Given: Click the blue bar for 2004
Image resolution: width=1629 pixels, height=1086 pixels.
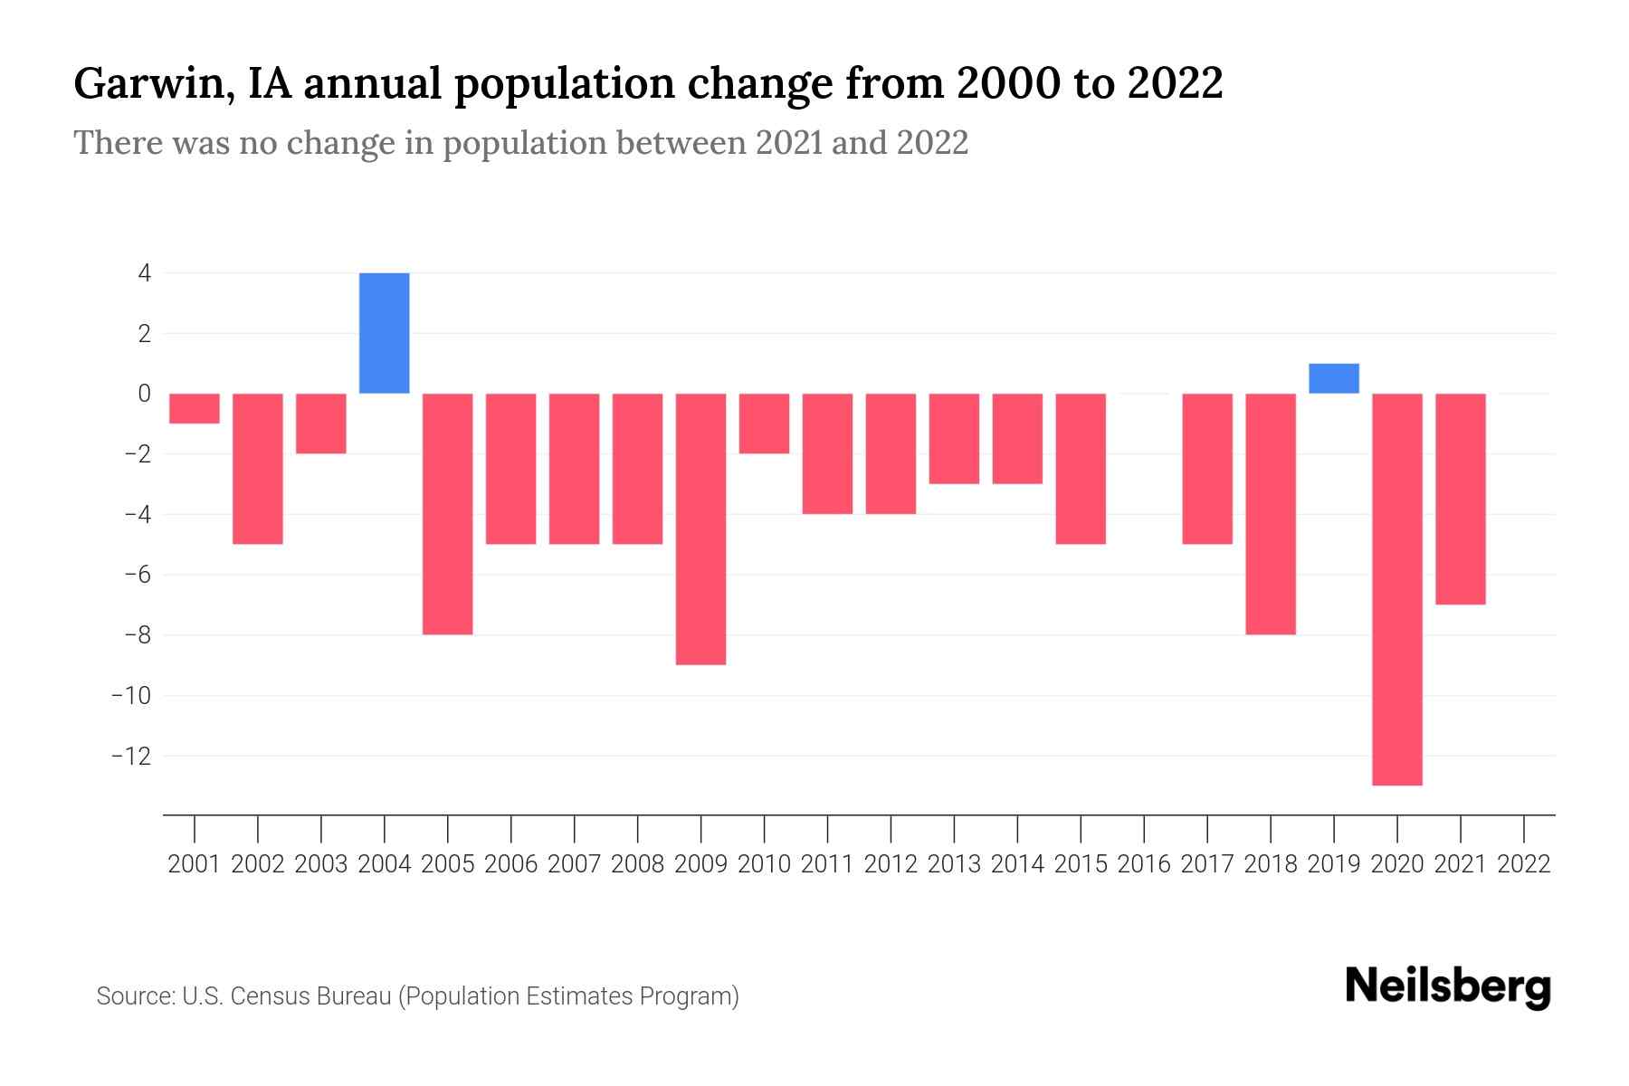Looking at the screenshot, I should pos(385,333).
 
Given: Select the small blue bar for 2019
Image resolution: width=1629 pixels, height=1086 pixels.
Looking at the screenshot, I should pos(1334,378).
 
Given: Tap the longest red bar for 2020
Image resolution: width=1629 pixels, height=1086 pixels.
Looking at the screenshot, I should pos(1397,588).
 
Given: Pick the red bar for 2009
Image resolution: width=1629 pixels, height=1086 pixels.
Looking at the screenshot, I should pos(701,529).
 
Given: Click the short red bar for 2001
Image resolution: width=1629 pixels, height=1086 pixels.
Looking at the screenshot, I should pos(195,408).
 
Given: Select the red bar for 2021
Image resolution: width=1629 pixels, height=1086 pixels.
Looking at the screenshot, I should pos(1461,499).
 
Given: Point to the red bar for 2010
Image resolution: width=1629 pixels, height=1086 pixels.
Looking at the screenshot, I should pos(765,424).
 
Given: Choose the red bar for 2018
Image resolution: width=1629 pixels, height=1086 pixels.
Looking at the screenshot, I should pos(1271,514).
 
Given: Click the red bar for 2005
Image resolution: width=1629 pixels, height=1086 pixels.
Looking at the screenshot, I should pos(448,514).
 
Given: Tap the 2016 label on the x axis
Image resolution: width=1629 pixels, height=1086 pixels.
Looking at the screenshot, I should pos(1144,864).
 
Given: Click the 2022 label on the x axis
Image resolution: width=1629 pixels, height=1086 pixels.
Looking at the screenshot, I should pos(1524,864).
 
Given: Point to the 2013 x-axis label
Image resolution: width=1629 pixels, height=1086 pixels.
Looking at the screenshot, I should pos(954,864).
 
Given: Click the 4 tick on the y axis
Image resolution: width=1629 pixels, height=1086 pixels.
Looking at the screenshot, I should pos(145,273).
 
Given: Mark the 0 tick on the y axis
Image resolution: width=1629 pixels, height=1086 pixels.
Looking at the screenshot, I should pos(145,394).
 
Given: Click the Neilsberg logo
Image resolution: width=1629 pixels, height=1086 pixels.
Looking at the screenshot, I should pos(1448,986).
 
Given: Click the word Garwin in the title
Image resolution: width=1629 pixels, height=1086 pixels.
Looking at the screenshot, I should pos(148,84).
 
